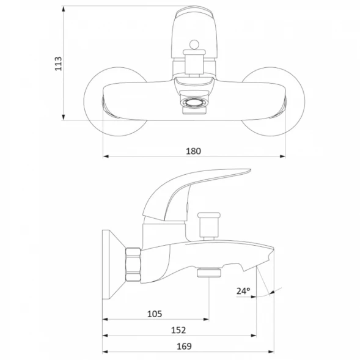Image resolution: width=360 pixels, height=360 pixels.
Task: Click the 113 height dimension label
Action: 58,64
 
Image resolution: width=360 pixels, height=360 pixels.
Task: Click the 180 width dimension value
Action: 193,151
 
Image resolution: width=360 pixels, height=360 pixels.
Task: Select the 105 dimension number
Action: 155,314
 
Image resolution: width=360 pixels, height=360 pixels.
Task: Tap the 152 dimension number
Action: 178,330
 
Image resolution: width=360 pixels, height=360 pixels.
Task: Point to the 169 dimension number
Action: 184,346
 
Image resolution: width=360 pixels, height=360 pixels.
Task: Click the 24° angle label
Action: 243,291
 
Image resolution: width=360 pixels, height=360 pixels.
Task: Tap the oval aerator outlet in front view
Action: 194,103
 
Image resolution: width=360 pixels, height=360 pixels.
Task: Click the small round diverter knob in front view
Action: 194,45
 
